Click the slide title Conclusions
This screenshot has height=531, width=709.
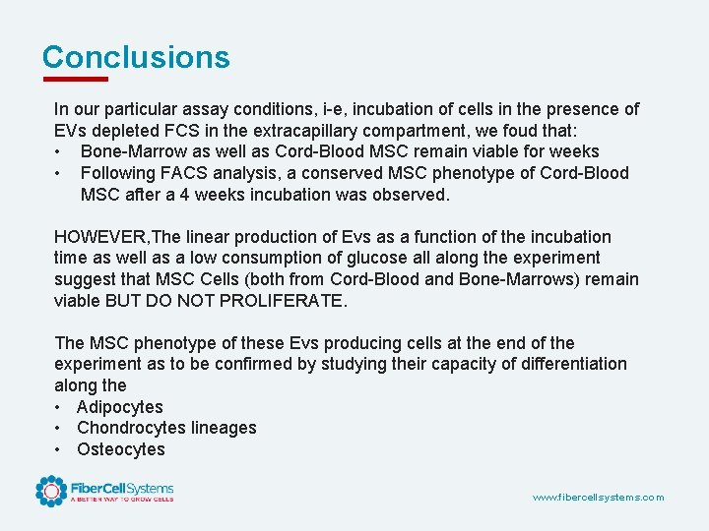point(136,57)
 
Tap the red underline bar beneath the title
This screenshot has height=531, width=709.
point(75,79)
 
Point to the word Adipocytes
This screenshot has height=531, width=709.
point(120,407)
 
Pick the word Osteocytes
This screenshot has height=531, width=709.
point(121,449)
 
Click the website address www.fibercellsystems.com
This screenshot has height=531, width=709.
point(598,498)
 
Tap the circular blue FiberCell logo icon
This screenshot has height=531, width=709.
point(51,490)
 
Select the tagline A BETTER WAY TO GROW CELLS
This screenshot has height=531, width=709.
point(121,500)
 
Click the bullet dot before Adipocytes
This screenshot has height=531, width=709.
point(60,407)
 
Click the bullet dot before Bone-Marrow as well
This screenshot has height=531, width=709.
point(60,151)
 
